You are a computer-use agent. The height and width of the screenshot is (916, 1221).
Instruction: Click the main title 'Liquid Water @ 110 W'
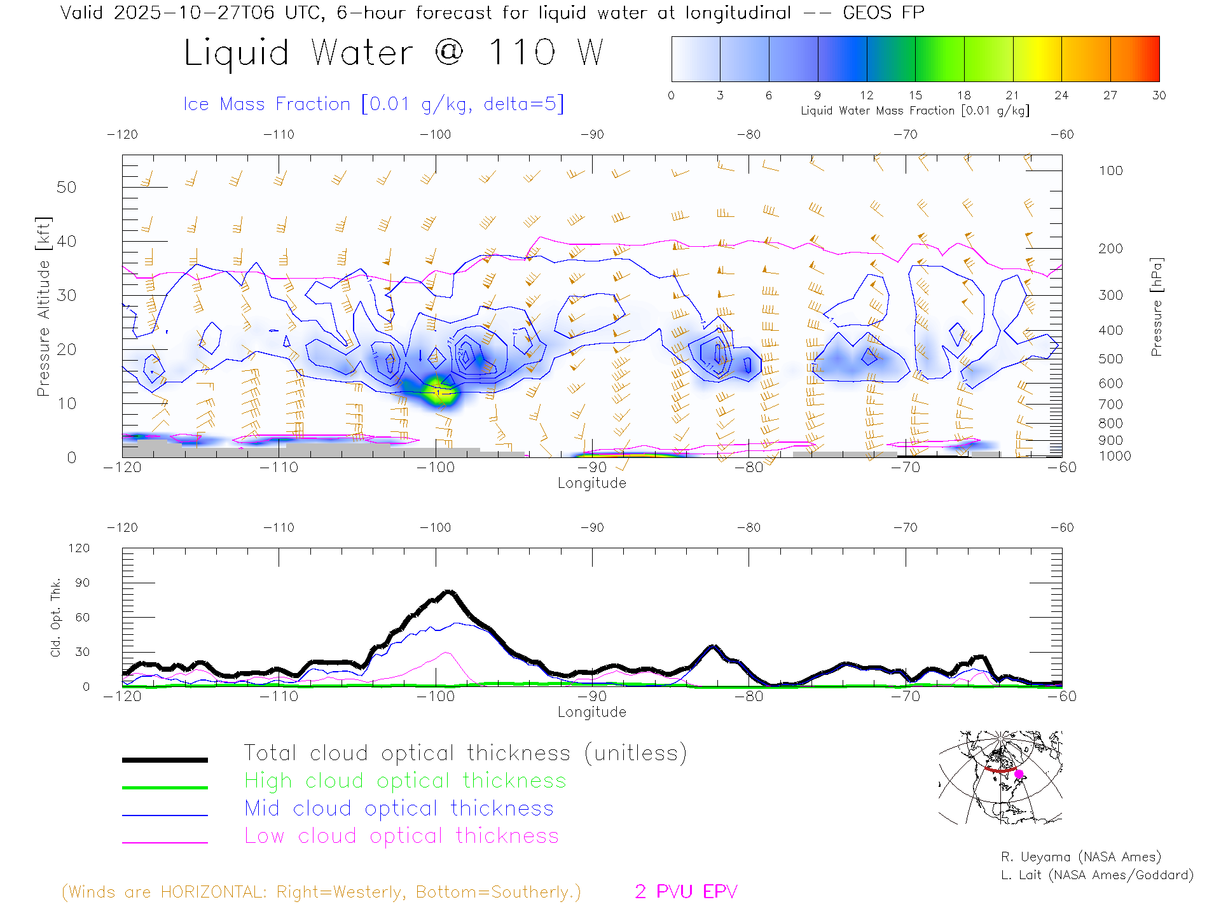pyautogui.click(x=393, y=53)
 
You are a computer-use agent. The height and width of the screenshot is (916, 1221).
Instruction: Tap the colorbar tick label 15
pyautogui.click(x=915, y=95)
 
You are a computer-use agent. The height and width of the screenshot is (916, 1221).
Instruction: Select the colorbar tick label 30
pyautogui.click(x=1159, y=95)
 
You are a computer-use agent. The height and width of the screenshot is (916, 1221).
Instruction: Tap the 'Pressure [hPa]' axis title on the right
pyautogui.click(x=1157, y=307)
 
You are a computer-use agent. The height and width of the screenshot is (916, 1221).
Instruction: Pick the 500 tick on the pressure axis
pyautogui.click(x=1110, y=359)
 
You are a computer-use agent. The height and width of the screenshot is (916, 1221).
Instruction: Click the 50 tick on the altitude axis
pyautogui.click(x=66, y=187)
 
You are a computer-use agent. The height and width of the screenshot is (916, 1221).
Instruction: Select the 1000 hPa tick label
pyautogui.click(x=1115, y=456)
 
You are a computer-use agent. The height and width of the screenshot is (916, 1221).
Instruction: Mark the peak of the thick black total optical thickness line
pyautogui.click(x=449, y=592)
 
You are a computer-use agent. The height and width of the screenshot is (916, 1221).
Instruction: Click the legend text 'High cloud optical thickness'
pyautogui.click(x=405, y=781)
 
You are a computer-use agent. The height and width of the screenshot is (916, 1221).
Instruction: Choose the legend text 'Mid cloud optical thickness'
pyautogui.click(x=399, y=808)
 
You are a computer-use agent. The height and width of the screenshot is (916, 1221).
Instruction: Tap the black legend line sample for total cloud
pyautogui.click(x=165, y=760)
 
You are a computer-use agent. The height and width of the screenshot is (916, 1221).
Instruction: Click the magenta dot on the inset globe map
pyautogui.click(x=1019, y=774)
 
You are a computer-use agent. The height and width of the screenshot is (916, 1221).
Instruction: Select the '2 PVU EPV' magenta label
pyautogui.click(x=686, y=892)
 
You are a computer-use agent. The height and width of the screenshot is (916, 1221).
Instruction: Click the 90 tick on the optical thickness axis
pyautogui.click(x=83, y=583)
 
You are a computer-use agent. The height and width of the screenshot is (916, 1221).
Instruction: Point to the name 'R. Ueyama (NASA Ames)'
pyautogui.click(x=1080, y=857)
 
